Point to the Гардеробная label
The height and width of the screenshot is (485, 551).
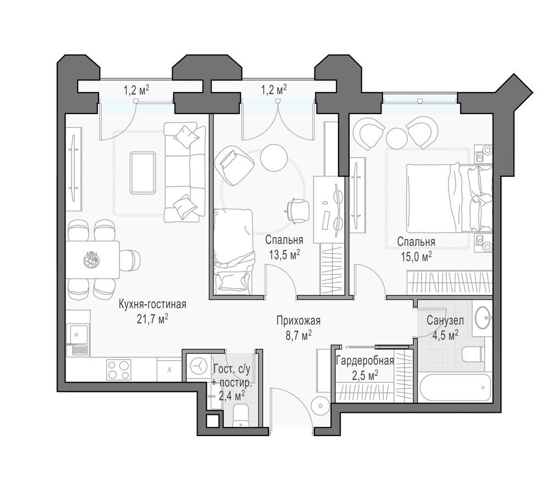(364, 361)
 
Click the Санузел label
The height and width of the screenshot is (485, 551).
(445, 320)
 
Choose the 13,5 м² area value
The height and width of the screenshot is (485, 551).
(284, 254)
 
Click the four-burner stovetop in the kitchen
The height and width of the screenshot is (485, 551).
(118, 369)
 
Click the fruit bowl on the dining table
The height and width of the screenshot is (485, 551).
(91, 258)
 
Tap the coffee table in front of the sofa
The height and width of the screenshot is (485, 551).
(143, 173)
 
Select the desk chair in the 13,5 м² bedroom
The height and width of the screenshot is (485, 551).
(298, 211)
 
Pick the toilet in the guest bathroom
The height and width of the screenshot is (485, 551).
(240, 414)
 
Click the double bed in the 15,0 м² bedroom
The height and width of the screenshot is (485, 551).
(440, 198)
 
